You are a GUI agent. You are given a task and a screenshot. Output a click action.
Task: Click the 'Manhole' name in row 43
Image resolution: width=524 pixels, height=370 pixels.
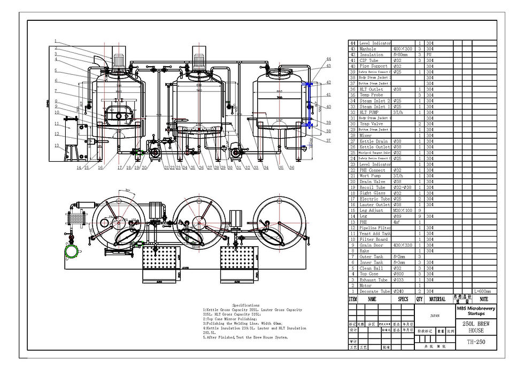coord(368,49)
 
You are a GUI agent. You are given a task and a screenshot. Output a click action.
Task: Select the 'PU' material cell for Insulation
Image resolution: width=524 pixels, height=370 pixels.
coord(430,54)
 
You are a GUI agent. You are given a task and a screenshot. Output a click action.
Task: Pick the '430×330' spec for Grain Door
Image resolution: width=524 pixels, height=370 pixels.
coord(403,245)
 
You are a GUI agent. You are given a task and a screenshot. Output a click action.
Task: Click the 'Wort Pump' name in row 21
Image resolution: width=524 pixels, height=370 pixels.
coord(370,176)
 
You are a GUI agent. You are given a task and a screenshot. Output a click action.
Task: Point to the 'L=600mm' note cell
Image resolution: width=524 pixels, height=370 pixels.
coord(483,292)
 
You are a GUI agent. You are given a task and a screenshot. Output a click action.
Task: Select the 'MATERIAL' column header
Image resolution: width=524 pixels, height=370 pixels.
coord(437,300)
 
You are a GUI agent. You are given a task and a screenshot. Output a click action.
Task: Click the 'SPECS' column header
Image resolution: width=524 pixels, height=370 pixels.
coord(403,300)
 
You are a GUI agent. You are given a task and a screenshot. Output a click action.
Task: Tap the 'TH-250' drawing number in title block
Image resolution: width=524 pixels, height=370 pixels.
coord(476,342)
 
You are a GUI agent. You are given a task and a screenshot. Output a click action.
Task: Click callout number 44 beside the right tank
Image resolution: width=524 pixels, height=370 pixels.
coord(329,59)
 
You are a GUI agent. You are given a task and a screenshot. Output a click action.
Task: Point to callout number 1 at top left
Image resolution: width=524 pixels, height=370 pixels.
coord(55,41)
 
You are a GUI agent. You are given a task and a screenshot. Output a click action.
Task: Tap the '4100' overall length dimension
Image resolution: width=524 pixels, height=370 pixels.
coord(186,268)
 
